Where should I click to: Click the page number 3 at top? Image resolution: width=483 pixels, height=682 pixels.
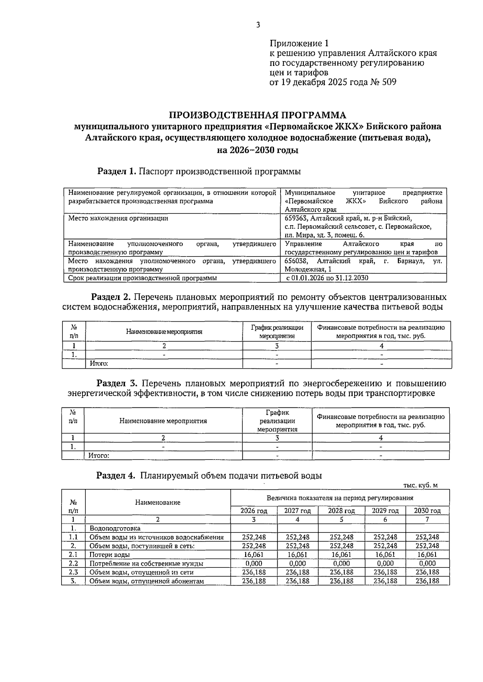pos(258,25)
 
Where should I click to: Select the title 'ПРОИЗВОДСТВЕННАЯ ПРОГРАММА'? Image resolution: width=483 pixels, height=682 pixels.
pos(257,115)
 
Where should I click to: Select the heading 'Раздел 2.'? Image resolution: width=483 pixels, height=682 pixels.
pos(111,297)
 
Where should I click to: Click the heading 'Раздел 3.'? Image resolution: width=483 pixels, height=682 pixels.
pos(117,383)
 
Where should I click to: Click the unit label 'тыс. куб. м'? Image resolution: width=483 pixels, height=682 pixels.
pos(420,485)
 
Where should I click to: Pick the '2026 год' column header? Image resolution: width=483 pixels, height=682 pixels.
pos(254,511)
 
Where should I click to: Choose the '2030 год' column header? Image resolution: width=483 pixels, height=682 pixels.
pos(427,511)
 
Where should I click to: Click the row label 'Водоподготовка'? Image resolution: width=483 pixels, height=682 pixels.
pos(115,528)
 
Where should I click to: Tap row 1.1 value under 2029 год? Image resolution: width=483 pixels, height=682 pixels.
pos(385,537)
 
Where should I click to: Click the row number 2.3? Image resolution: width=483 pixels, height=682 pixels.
pos(73,572)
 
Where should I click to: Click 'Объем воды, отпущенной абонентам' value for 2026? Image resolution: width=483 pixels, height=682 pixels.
pos(254,581)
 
